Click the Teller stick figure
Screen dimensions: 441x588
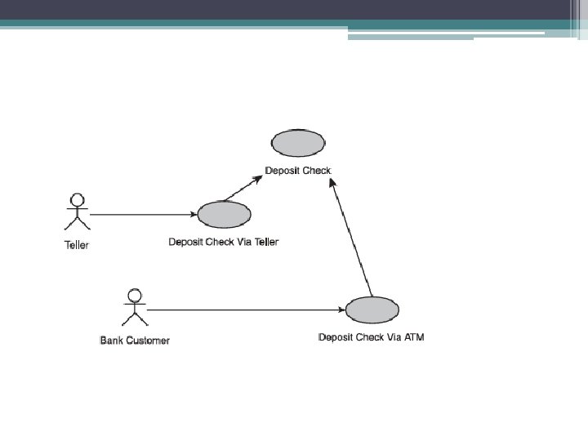(78, 214)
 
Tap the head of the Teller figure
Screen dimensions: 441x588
(78, 199)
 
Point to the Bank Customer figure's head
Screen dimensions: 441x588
(135, 295)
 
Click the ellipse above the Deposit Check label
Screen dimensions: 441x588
(298, 143)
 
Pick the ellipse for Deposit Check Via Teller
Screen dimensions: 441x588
(224, 214)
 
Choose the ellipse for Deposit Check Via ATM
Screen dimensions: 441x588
(372, 310)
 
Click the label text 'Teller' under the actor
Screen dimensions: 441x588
(77, 245)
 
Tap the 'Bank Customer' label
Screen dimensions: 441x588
(135, 340)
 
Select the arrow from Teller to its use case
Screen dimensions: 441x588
(143, 214)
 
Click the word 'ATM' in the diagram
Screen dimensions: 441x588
(415, 337)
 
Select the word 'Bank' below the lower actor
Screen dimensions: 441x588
(111, 340)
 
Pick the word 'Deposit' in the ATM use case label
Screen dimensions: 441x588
(336, 337)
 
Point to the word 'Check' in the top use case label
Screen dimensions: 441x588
(318, 171)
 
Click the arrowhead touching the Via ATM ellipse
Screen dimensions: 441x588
(341, 310)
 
